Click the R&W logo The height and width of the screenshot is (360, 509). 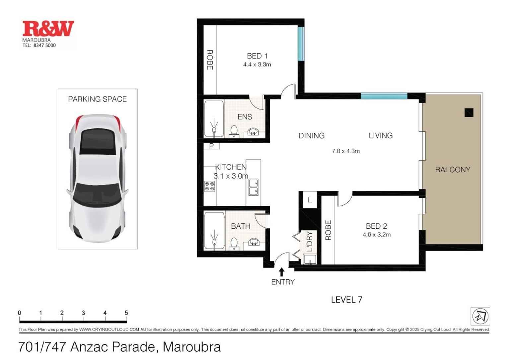tap(48, 29)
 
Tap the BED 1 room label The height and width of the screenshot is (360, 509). tap(257, 56)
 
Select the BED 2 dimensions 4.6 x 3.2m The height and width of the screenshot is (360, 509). tap(377, 235)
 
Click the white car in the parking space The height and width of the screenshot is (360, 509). tap(98, 178)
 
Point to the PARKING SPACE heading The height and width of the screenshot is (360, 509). tap(97, 99)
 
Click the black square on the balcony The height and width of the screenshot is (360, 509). tap(469, 113)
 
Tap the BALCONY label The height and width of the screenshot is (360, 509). tap(453, 170)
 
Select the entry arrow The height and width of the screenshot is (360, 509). tap(282, 272)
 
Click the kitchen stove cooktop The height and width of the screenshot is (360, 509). tap(209, 186)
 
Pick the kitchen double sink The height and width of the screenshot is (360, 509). tap(254, 187)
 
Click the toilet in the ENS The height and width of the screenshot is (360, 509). tap(234, 131)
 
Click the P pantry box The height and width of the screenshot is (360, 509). tap(211, 146)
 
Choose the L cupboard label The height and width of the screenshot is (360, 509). tap(310, 200)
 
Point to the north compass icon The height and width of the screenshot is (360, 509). tap(480, 316)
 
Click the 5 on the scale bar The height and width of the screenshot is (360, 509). tap(126, 313)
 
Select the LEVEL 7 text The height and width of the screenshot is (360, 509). tap(346, 299)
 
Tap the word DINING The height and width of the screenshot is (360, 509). tap(311, 135)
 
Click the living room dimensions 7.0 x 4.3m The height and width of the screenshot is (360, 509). tap(346, 151)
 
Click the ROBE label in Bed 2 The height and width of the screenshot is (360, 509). tap(328, 230)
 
